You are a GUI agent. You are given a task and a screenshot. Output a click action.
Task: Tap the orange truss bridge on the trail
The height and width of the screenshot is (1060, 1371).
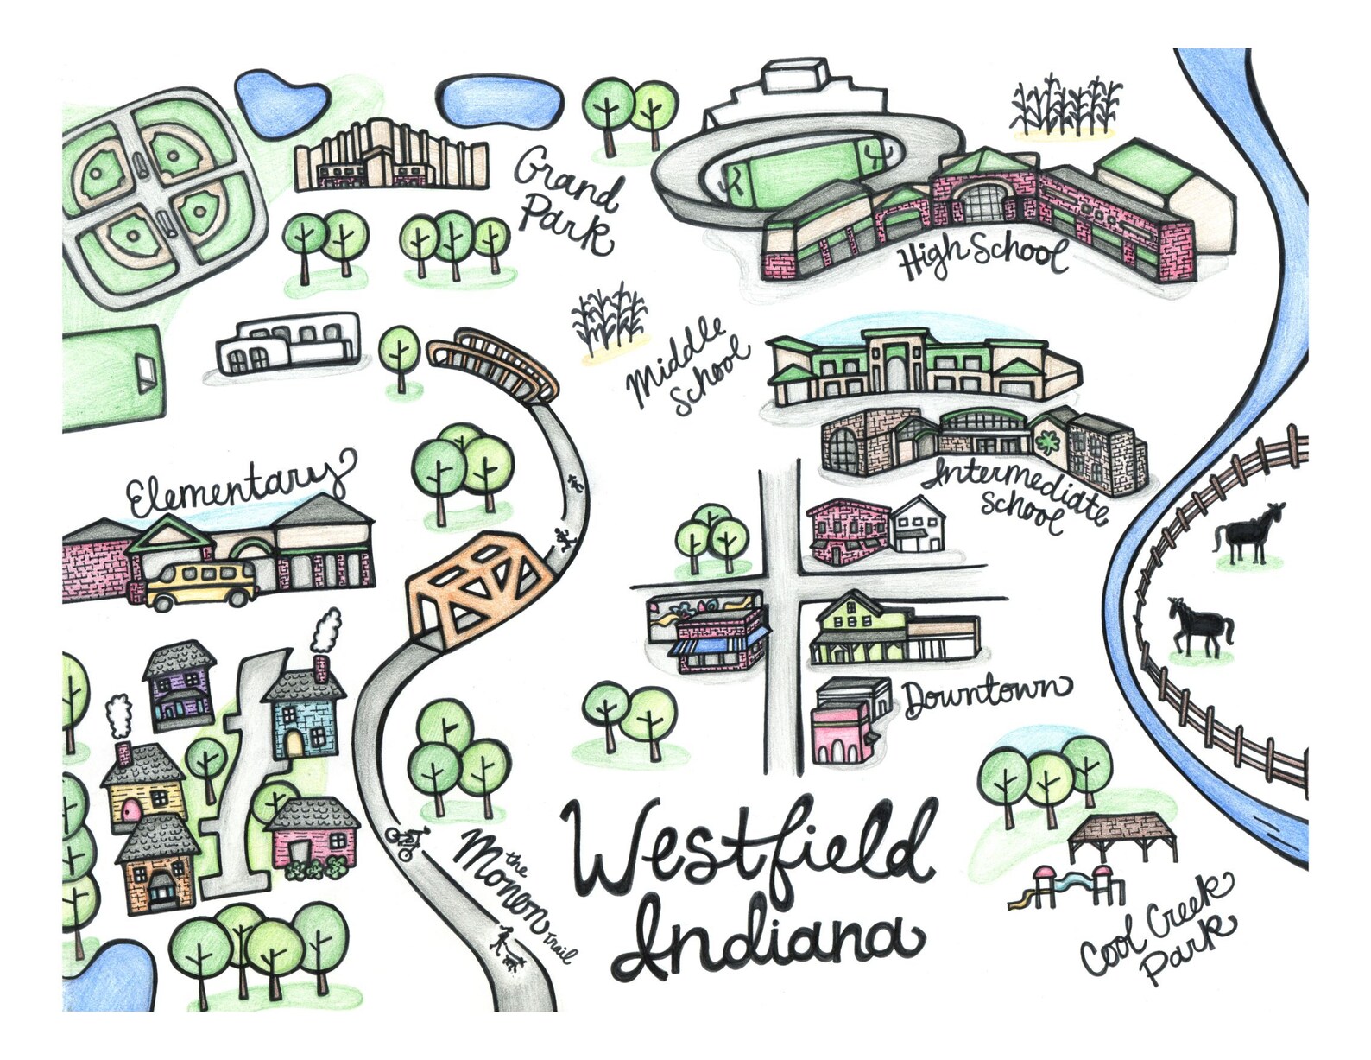point(477,586)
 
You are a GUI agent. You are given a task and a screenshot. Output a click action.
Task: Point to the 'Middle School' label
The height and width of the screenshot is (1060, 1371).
point(689,366)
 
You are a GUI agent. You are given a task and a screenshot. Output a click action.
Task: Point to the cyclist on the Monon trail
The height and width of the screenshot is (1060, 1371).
point(407,841)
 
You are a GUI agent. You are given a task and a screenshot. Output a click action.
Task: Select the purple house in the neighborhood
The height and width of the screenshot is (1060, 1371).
point(180,686)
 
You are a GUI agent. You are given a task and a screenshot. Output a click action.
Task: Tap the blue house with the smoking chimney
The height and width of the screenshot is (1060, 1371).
point(304,714)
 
